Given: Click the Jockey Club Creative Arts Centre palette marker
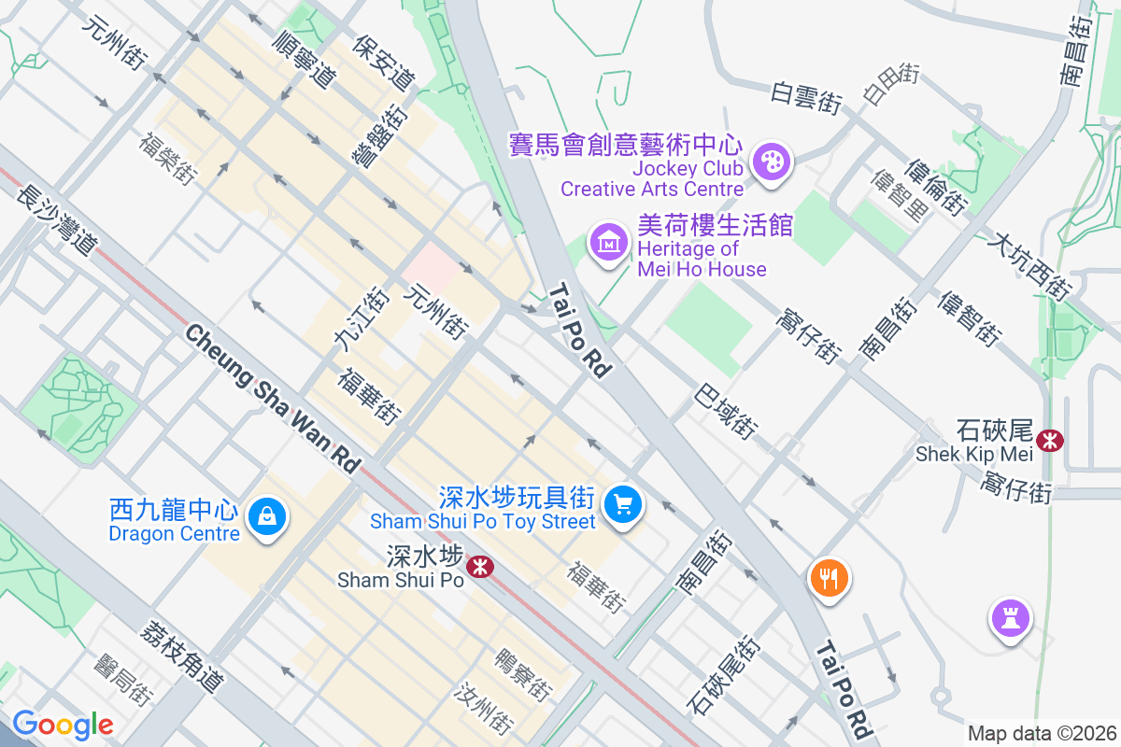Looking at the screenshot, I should coord(772,161).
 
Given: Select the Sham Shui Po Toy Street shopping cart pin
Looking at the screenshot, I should coord(623,505).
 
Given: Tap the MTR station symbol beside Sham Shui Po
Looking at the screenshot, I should coord(480,566).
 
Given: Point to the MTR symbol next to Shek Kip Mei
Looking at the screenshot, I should coord(1050,439).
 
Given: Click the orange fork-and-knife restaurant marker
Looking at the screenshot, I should coord(828,578).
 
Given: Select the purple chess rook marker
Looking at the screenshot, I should coord(1010,618).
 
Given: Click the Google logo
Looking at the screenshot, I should coord(63,725).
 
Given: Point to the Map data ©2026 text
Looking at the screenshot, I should coord(1041,733).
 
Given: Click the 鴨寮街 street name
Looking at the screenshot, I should coord(523,673).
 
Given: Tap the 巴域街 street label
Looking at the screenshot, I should coord(725,411).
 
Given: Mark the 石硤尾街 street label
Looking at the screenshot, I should coord(721,676).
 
